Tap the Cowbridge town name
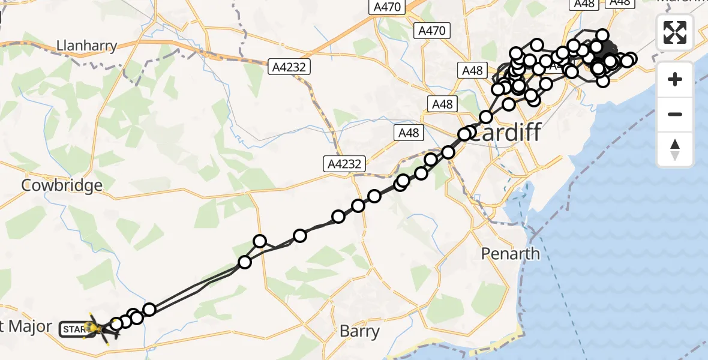pyautogui.click(x=62, y=185)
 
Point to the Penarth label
pyautogui.click(x=511, y=254)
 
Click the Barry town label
pyautogui.click(x=359, y=331)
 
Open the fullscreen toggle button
pyautogui.click(x=675, y=32)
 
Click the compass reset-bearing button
pyautogui.click(x=675, y=149)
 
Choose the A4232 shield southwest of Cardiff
pyautogui.click(x=344, y=163)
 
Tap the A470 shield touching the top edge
pyautogui.click(x=387, y=7)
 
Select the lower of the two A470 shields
pyautogui.click(x=432, y=30)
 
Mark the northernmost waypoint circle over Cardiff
pyautogui.click(x=602, y=35)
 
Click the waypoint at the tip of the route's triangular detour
pyautogui.click(x=260, y=241)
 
